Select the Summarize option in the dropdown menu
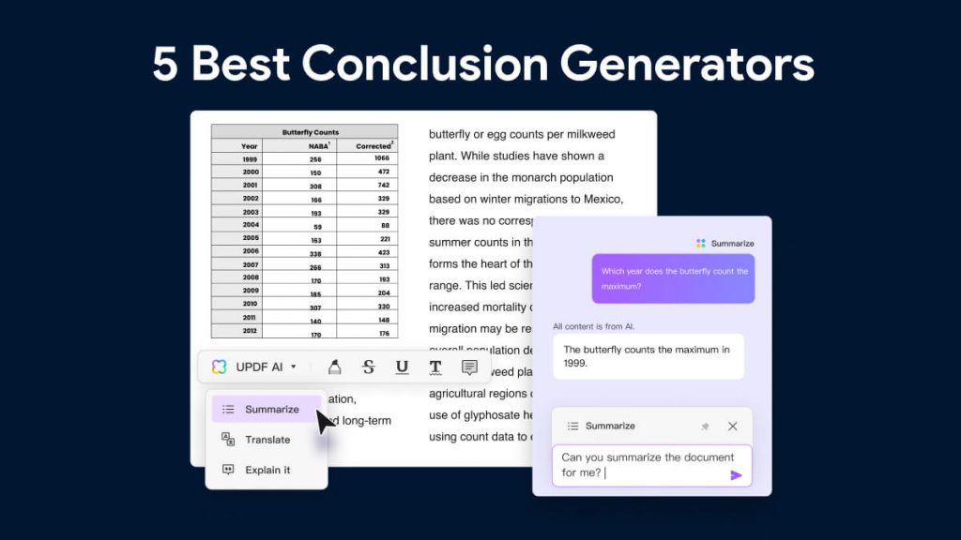[271, 410]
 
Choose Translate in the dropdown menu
[267, 440]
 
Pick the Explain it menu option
[267, 470]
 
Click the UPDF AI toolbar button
[254, 367]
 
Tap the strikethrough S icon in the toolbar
[368, 367]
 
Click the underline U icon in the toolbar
[402, 367]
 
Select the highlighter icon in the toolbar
[334, 367]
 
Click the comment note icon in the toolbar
[469, 367]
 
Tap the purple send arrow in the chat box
[736, 475]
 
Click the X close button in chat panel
[733, 426]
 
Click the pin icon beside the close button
[705, 426]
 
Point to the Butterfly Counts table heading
[311, 132]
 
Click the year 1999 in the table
[250, 159]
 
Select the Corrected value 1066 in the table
[381, 159]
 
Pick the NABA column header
[318, 146]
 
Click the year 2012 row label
[250, 331]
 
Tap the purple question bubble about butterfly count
[673, 278]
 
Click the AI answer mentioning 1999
[648, 356]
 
